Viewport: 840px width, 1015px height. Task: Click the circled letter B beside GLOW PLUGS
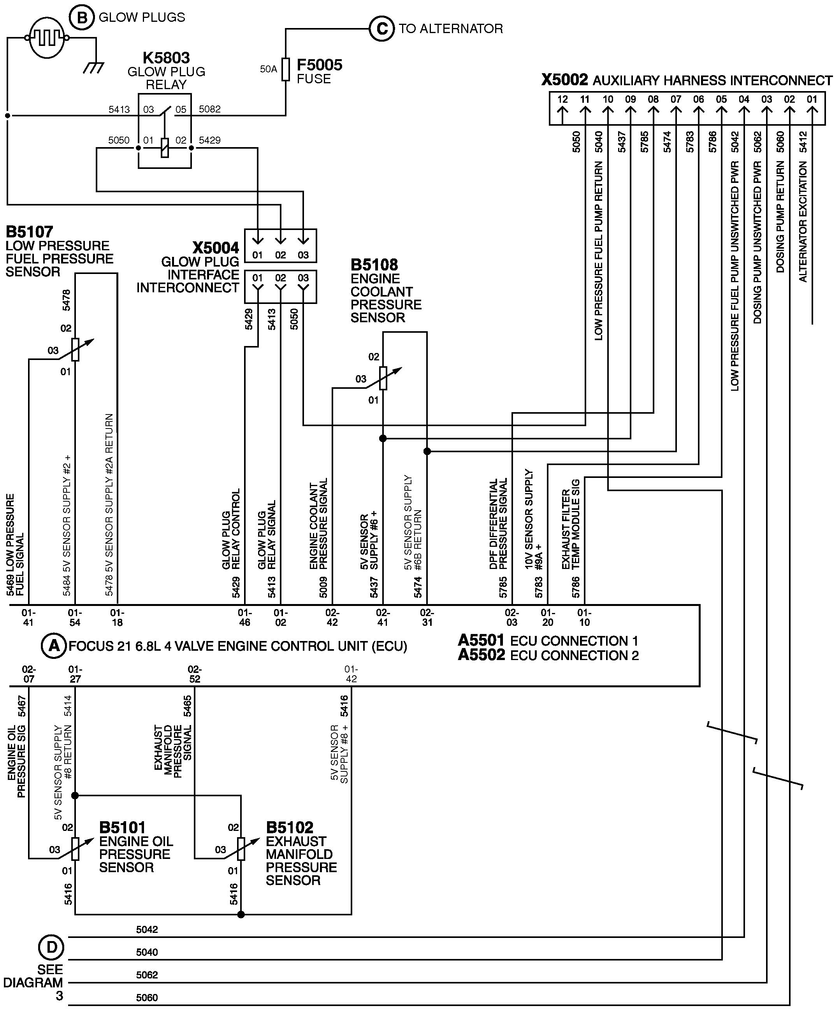(83, 18)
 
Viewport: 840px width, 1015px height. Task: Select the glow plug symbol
(46, 38)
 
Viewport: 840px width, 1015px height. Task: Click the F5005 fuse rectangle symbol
(286, 70)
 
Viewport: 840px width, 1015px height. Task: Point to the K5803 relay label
(166, 58)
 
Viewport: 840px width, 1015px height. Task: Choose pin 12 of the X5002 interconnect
(562, 100)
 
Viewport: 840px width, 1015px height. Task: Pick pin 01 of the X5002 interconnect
(812, 100)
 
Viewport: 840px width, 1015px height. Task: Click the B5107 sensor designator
(29, 232)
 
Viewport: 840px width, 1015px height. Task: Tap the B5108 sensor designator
(374, 265)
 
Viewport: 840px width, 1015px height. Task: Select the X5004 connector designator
(216, 248)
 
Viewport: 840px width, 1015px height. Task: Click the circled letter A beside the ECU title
(54, 646)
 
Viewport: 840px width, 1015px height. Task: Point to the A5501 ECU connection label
(481, 641)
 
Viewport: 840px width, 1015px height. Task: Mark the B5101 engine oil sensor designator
(122, 827)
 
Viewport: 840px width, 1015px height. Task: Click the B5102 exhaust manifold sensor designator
(290, 827)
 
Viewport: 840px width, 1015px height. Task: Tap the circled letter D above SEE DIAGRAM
(51, 947)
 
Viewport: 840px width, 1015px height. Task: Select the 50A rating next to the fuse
(268, 69)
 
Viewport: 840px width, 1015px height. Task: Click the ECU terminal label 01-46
(244, 618)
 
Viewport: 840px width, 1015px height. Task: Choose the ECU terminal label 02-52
(194, 674)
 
